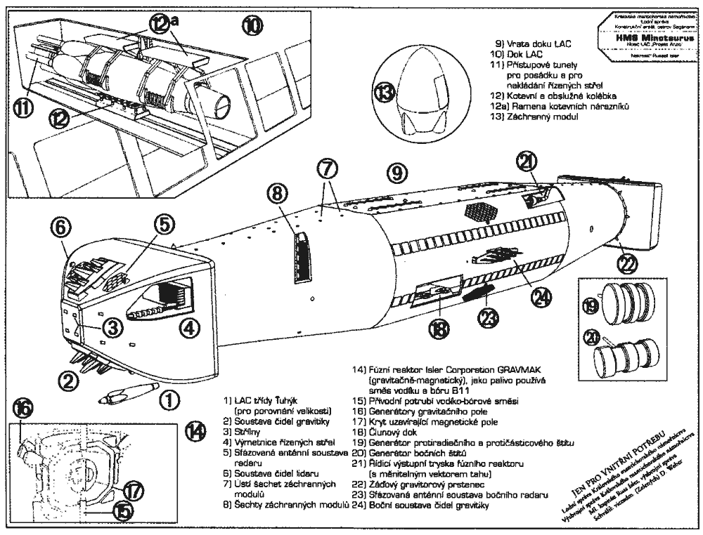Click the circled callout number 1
[x=169, y=400]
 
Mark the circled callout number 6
[x=60, y=228]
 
